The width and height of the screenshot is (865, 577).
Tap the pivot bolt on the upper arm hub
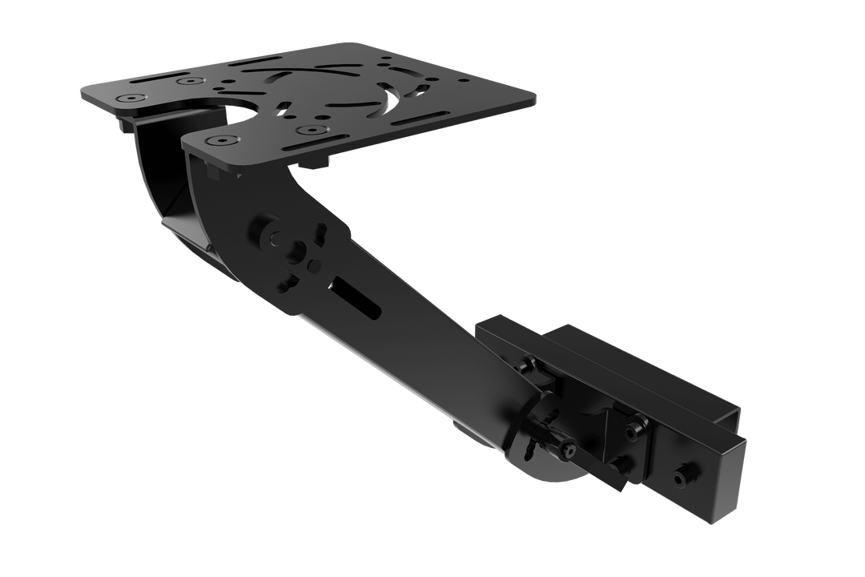[x=276, y=238]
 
